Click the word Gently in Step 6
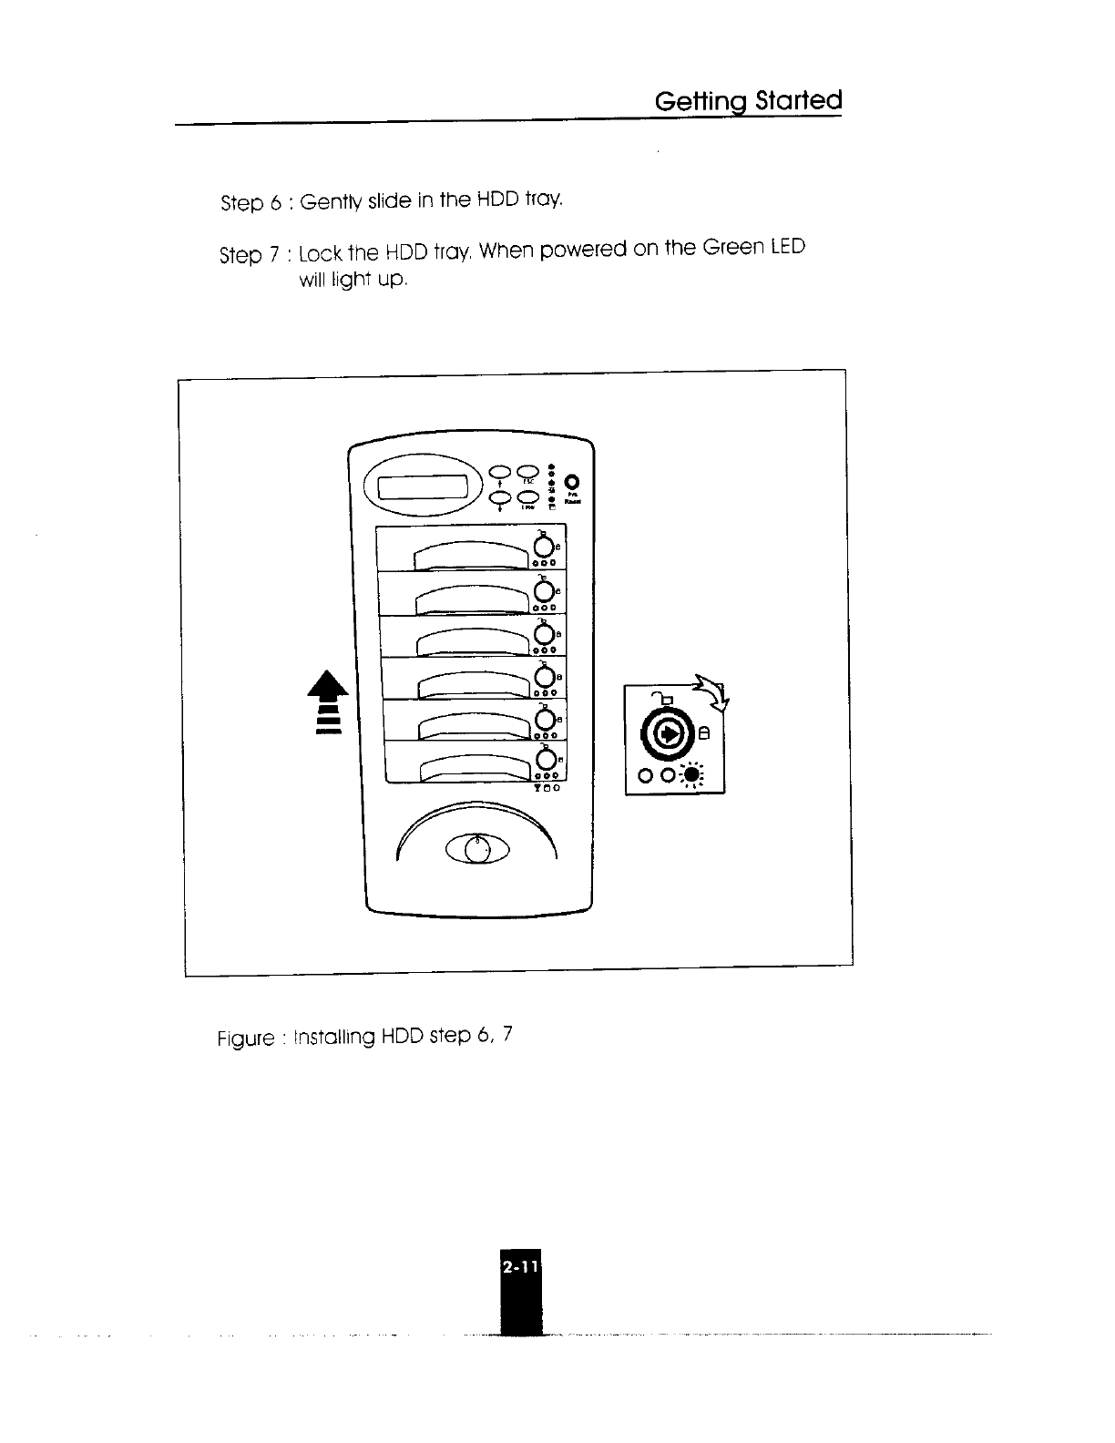(332, 201)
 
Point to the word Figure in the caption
(246, 1039)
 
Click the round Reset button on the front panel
(573, 481)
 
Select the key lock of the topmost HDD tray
(544, 547)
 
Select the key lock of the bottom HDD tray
(545, 759)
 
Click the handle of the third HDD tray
(472, 640)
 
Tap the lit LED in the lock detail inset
(693, 775)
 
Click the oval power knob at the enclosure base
(476, 849)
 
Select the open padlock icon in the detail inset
(666, 699)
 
